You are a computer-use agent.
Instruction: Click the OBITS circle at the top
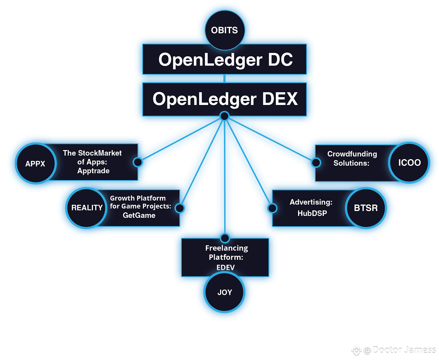click(225, 30)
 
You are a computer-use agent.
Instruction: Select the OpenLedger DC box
click(225, 60)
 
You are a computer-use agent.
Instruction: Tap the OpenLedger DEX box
click(225, 99)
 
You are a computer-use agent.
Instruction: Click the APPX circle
click(35, 163)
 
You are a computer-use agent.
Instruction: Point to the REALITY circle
click(87, 208)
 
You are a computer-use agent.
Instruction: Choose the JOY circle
click(225, 292)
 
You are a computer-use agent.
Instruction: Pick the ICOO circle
click(409, 163)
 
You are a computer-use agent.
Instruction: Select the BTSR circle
click(366, 208)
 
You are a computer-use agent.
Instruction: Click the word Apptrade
click(93, 171)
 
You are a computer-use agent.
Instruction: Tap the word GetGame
click(139, 215)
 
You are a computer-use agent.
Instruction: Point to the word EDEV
click(226, 267)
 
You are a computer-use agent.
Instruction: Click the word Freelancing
click(226, 248)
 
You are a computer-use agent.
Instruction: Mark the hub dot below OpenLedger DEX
click(224, 116)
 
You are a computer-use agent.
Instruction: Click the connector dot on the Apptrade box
click(138, 162)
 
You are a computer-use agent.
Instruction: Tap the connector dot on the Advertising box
click(272, 208)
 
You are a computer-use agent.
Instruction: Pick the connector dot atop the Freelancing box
click(225, 238)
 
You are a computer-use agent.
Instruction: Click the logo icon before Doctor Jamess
click(356, 350)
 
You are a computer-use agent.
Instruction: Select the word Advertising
click(311, 202)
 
